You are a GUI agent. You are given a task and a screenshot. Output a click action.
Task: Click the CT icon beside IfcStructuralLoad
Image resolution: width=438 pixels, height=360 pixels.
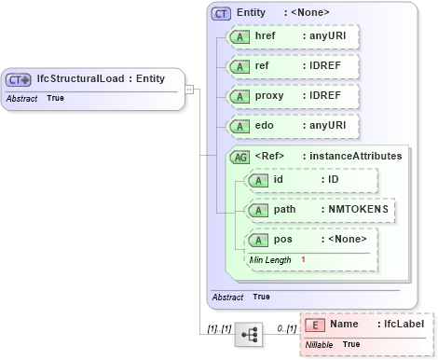pyautogui.click(x=20, y=79)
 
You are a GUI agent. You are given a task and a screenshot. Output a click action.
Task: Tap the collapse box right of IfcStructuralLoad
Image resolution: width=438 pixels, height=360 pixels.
pyautogui.click(x=189, y=90)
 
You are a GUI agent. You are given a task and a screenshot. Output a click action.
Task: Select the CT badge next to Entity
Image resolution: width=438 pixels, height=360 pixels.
pyautogui.click(x=221, y=13)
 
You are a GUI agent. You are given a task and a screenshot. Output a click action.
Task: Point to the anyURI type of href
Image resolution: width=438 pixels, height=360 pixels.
pyautogui.click(x=328, y=38)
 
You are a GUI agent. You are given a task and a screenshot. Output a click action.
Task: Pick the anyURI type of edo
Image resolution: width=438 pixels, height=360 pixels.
pyautogui.click(x=328, y=125)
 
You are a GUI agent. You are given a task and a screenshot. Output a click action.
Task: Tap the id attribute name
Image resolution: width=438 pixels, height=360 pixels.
pyautogui.click(x=278, y=179)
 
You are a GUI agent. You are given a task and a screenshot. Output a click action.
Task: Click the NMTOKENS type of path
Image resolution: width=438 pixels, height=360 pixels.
pyautogui.click(x=357, y=209)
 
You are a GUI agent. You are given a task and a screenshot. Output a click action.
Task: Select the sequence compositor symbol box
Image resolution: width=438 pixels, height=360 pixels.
pyautogui.click(x=249, y=333)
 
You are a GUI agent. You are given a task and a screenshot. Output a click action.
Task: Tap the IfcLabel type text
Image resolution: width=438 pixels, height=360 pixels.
pyautogui.click(x=404, y=324)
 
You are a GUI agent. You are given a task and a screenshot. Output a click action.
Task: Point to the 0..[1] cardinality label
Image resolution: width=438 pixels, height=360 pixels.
pyautogui.click(x=286, y=329)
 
